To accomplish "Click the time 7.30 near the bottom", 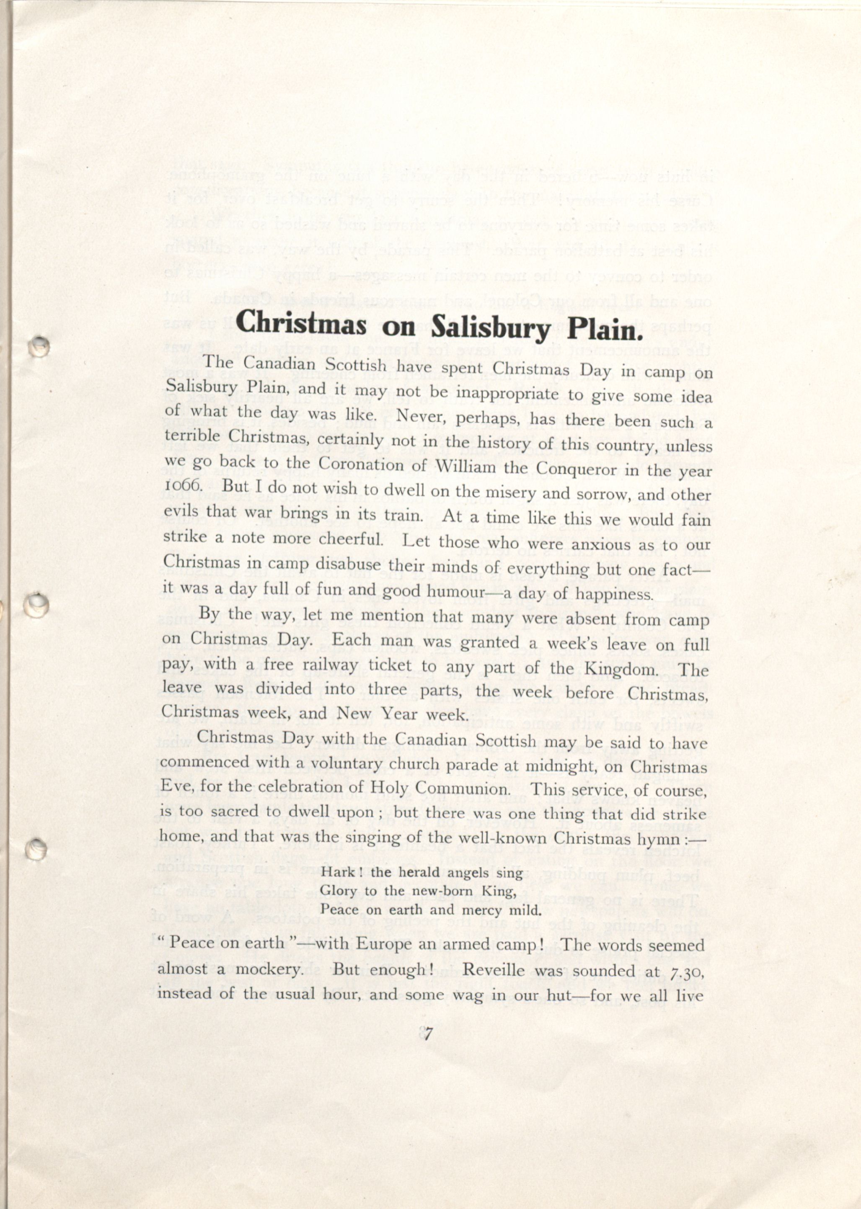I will [x=687, y=971].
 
